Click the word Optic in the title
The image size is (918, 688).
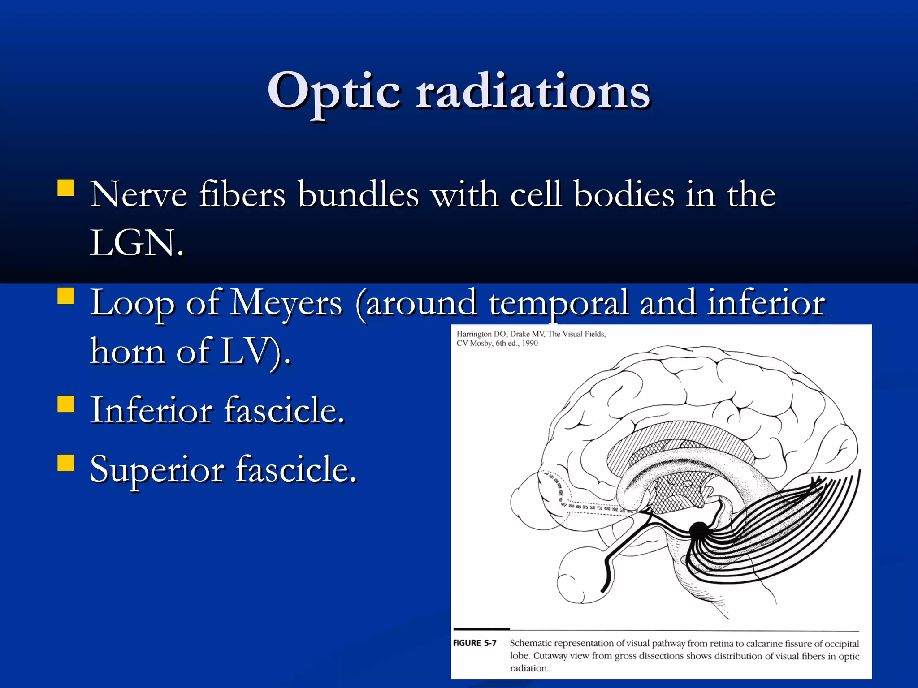pos(334,92)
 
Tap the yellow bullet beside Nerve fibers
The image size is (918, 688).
pos(66,188)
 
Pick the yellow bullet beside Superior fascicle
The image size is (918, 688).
pos(66,463)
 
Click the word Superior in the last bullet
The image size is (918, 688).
pos(157,469)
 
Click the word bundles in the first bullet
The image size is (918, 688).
pos(359,195)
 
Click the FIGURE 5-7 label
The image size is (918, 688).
pos(475,643)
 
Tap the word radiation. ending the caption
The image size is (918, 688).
pos(529,668)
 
